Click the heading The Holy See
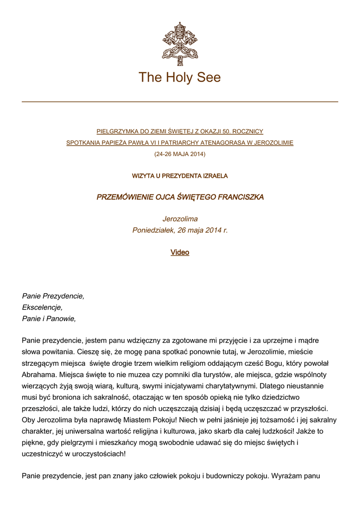180,78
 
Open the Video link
180,253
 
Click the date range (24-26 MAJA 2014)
180,154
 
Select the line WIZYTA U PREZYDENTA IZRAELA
180,176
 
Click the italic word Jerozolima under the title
180,219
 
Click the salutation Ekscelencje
42,307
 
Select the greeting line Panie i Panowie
49,319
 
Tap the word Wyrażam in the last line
286,476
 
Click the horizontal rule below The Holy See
180,102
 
